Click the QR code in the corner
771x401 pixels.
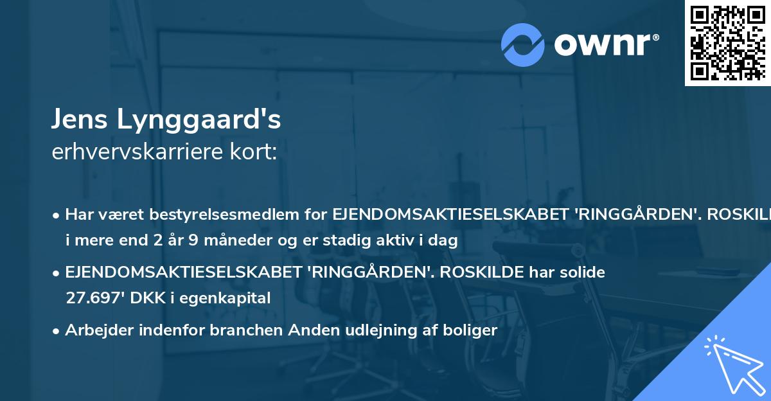[727, 42]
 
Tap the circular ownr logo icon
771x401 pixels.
[523, 44]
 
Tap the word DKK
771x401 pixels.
[141, 298]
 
